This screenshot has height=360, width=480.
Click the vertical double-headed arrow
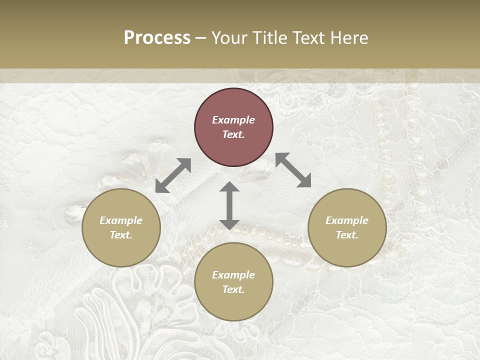229,205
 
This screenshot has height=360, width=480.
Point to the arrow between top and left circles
173,175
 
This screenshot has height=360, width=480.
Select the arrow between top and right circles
293,170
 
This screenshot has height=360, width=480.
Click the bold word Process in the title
157,37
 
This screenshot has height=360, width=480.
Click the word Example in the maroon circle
233,120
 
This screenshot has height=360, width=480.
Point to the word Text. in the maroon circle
233,134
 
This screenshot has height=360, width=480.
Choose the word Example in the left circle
121,220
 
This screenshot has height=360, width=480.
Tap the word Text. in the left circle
121,235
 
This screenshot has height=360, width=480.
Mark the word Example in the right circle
347,220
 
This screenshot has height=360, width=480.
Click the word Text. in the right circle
347,235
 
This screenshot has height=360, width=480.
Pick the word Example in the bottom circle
233,275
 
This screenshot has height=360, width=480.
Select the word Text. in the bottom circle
233,289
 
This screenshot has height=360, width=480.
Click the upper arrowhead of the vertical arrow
229,187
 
